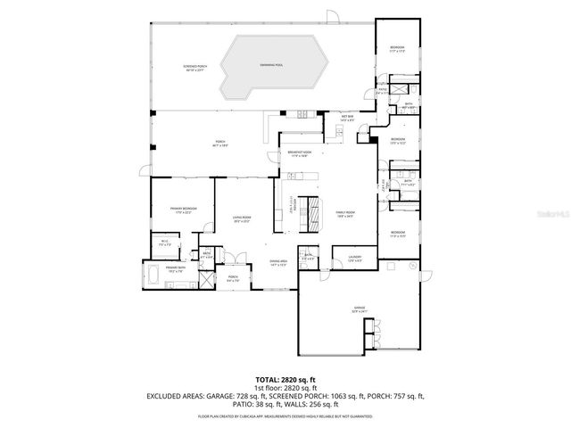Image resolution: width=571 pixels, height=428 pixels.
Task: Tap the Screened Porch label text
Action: pyautogui.click(x=194, y=68)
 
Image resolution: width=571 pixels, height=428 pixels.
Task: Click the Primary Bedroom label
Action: pyautogui.click(x=184, y=210)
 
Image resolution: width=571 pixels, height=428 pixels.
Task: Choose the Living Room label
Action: pyautogui.click(x=241, y=218)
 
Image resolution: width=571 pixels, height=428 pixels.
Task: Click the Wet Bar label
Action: pyautogui.click(x=347, y=118)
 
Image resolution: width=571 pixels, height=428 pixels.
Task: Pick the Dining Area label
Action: pyautogui.click(x=278, y=262)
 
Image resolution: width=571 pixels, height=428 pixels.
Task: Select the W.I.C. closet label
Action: pyautogui.click(x=165, y=242)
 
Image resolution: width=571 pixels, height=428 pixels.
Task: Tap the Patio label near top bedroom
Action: pyautogui.click(x=383, y=90)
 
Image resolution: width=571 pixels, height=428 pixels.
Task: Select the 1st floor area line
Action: pyautogui.click(x=285, y=388)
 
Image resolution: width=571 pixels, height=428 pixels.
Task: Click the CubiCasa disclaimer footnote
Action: pyautogui.click(x=285, y=416)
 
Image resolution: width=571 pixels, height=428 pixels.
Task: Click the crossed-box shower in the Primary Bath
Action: pyautogui.click(x=206, y=279)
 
